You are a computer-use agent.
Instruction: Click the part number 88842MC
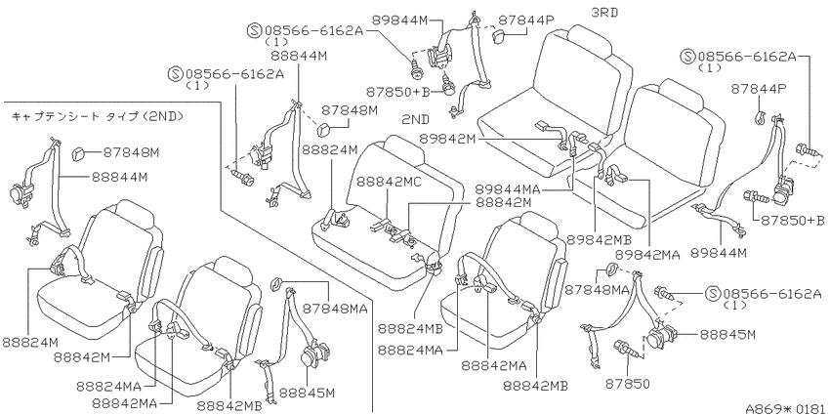[x=388, y=182]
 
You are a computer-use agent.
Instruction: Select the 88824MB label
[x=410, y=329]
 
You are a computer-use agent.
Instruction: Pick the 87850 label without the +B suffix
[x=628, y=382]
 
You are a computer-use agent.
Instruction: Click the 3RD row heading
[x=604, y=12]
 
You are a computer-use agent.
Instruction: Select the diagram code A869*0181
[x=787, y=408]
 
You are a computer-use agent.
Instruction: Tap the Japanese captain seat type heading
[x=97, y=116]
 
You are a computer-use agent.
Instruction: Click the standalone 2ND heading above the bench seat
[x=415, y=118]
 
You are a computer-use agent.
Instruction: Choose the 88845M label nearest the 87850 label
[x=727, y=335]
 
